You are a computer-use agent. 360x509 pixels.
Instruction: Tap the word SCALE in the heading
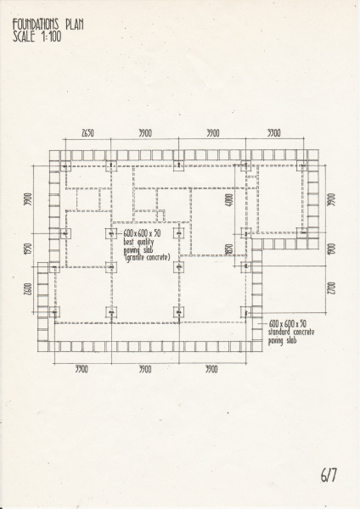[x=25, y=37]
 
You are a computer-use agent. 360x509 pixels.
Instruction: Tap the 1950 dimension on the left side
[x=26, y=251]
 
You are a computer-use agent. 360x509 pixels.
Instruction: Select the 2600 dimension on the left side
[x=26, y=291]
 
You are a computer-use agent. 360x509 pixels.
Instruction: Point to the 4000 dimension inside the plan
[x=228, y=202]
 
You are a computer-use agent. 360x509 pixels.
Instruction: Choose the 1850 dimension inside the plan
[x=228, y=250]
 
